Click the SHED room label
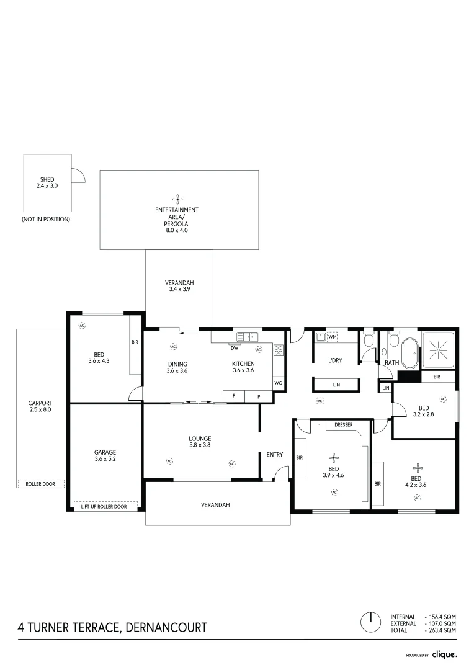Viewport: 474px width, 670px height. [47, 179]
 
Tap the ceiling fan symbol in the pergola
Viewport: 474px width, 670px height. [177, 199]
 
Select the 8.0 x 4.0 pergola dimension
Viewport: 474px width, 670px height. [177, 230]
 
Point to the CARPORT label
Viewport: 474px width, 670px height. [40, 403]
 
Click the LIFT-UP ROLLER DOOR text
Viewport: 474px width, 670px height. [104, 507]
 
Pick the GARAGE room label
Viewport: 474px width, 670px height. [105, 452]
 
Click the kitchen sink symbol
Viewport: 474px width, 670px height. [248, 337]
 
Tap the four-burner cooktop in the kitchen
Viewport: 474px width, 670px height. [279, 351]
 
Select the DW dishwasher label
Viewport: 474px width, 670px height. [235, 348]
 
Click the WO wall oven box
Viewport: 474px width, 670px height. [278, 383]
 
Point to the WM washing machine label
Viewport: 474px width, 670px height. [333, 337]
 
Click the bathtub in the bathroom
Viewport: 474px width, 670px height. [411, 354]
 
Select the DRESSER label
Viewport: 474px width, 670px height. [344, 425]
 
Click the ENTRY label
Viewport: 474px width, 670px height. [274, 455]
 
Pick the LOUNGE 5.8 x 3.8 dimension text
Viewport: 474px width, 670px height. [200, 445]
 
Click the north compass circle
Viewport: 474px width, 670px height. [370, 622]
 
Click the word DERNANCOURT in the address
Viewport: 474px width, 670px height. [167, 627]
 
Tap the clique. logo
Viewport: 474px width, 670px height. [444, 654]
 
